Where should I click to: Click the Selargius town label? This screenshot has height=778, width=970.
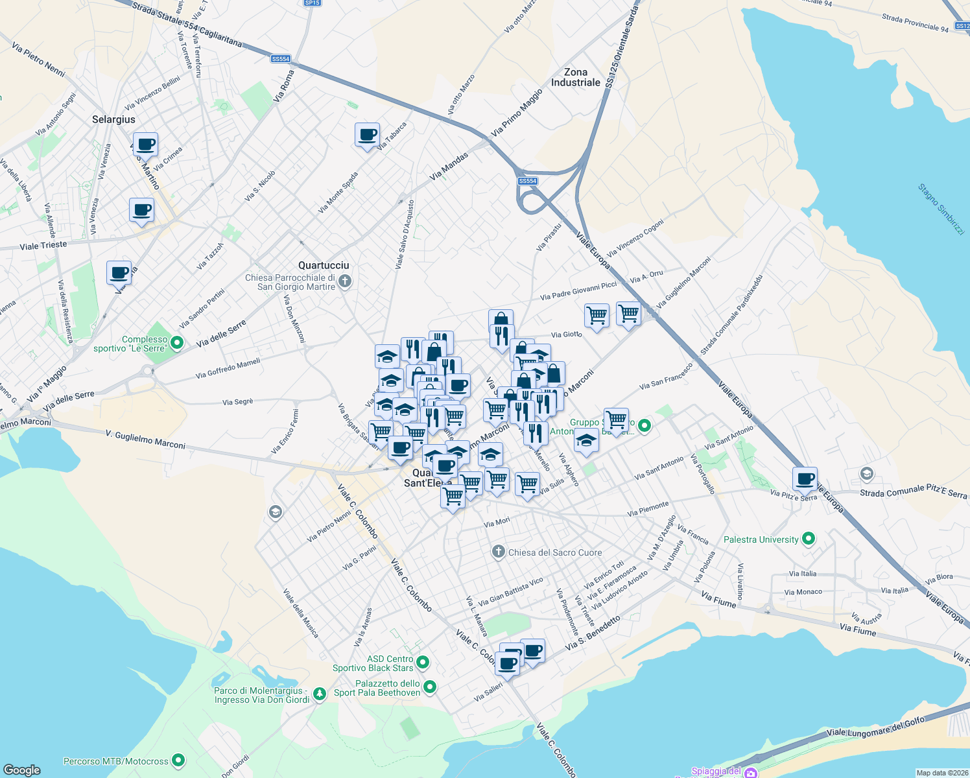tap(113, 119)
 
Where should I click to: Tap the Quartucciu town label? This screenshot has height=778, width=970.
tap(324, 265)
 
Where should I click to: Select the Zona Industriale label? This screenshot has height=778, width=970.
tap(576, 77)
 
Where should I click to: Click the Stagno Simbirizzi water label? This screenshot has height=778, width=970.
tap(941, 209)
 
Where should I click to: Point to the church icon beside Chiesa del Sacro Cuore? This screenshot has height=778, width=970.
tap(498, 552)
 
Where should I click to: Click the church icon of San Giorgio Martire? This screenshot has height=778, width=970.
tap(345, 281)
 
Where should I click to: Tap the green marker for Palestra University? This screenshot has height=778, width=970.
tap(808, 539)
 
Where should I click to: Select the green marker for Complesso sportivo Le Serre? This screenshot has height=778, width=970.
tap(177, 343)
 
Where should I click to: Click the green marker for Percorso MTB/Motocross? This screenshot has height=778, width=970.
tap(178, 760)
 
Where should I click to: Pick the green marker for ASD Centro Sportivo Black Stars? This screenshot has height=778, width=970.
tap(423, 663)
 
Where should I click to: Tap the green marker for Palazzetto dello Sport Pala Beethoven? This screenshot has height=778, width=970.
tap(430, 687)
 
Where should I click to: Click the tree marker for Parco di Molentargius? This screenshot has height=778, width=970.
tap(319, 694)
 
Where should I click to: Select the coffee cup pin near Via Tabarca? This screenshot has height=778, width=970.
tap(368, 135)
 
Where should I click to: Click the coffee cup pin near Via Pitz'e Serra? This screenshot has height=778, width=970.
tap(805, 479)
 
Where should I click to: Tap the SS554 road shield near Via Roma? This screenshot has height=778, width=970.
tap(281, 59)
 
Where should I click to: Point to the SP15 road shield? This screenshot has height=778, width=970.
tap(312, 3)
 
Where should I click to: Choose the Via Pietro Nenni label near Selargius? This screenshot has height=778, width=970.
tap(38, 60)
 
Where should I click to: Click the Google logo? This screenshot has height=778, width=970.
tap(21, 770)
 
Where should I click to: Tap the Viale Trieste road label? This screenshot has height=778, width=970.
tap(43, 246)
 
